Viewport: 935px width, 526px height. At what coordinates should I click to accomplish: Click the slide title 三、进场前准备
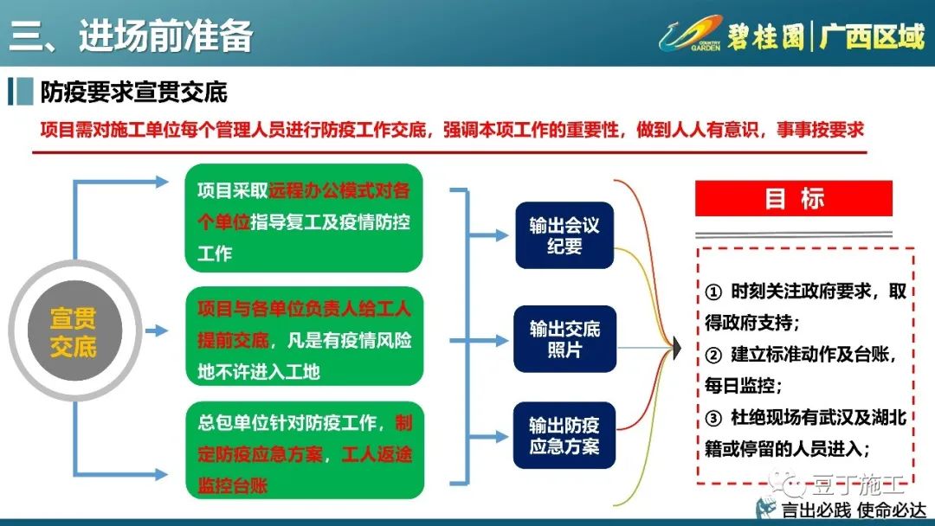132,35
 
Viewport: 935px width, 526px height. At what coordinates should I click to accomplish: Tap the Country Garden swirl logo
691,34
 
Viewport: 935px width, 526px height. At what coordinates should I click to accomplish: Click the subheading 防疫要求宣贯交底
134,93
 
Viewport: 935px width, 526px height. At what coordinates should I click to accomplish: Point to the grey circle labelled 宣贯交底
74,330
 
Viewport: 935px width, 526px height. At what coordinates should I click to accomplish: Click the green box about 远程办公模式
304,218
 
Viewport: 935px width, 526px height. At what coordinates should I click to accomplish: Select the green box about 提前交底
304,337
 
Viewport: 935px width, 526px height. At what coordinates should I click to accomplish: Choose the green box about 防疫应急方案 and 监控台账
305,451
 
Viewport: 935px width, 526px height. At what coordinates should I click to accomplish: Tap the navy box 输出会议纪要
564,235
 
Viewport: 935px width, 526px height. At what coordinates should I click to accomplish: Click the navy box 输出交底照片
564,339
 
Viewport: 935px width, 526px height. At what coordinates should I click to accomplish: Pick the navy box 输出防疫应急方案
564,435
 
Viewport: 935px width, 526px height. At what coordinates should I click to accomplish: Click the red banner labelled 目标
794,198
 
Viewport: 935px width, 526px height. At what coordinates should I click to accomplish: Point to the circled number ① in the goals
713,292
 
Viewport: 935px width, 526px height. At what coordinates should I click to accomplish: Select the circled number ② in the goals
713,356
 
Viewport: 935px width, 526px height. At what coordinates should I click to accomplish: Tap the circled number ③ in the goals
713,418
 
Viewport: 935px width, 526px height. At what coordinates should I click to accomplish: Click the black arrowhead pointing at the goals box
677,348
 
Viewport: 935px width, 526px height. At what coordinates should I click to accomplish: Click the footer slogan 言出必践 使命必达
854,510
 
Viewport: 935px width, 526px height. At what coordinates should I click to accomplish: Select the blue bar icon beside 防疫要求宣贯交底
20,93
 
